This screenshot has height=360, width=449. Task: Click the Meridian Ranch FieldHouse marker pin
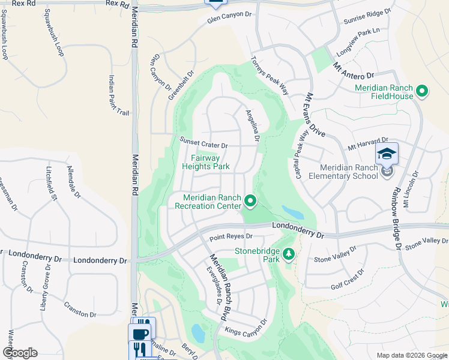coord(422,91)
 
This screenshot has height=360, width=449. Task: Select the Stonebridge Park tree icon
coord(289,254)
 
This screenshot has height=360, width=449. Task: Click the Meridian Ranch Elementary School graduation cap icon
coord(387,154)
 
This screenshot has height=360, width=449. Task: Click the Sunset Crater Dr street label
coord(204,143)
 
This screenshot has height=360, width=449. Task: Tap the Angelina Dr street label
coord(252,125)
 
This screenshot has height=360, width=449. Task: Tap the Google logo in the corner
coord(20,353)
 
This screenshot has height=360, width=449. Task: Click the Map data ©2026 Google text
coord(411,355)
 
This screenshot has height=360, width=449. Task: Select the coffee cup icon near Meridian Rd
coord(139,333)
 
